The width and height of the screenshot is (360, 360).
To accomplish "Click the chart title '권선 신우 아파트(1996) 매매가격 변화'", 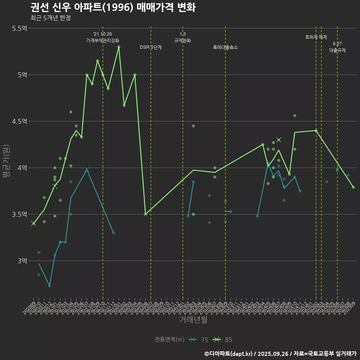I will pyautogui.click(x=112, y=7).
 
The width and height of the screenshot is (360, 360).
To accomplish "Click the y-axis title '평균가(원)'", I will pyautogui.click(x=6, y=163).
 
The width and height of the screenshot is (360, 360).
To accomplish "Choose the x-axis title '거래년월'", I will pyautogui.click(x=193, y=319).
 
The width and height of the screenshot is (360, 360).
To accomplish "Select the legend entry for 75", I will pyautogui.click(x=199, y=340).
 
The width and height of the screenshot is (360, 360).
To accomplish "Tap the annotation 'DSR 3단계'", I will pyautogui.click(x=151, y=47).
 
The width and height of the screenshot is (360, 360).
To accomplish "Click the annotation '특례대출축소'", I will pyautogui.click(x=225, y=47).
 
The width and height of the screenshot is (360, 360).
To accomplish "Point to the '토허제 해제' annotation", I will pyautogui.click(x=316, y=37).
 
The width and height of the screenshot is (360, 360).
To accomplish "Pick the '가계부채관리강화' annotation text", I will pyautogui.click(x=103, y=40).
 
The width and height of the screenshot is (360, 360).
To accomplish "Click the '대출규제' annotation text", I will pyautogui.click(x=337, y=50).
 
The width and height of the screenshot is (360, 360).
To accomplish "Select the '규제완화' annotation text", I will pyautogui.click(x=183, y=40).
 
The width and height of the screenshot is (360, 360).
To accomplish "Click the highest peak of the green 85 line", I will pyautogui.click(x=119, y=47).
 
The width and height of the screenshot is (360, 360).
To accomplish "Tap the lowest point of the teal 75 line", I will pyautogui.click(x=49, y=286).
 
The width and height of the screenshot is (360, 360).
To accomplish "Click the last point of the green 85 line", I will pyautogui.click(x=353, y=187).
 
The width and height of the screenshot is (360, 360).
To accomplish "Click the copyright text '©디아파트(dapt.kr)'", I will pyautogui.click(x=229, y=354).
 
